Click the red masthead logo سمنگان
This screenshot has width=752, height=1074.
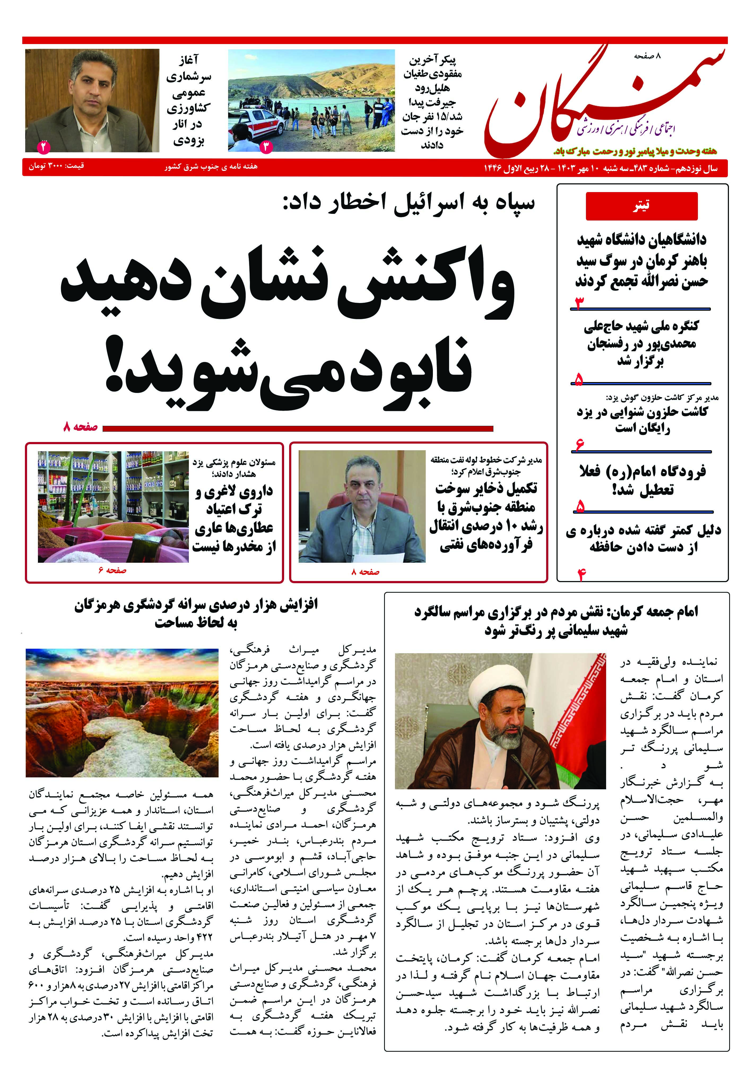pyautogui.click(x=603, y=101)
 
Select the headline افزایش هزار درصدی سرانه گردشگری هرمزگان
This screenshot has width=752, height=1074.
pyautogui.click(x=196, y=613)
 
